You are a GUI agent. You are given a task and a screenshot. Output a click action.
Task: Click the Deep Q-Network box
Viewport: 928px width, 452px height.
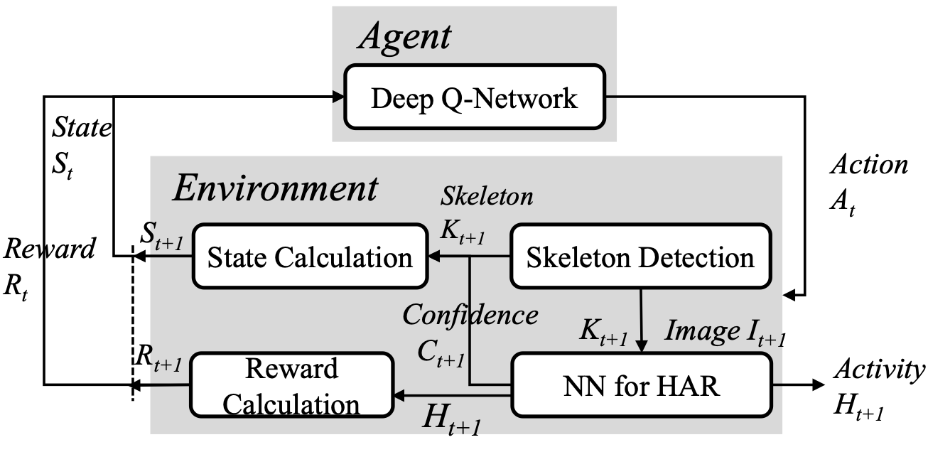tap(475, 98)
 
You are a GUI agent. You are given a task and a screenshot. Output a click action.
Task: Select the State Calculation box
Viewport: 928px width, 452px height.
tap(310, 257)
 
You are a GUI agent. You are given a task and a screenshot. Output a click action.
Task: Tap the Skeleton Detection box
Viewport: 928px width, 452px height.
tap(640, 257)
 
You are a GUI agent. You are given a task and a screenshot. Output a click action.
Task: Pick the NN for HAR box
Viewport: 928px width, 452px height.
tap(640, 385)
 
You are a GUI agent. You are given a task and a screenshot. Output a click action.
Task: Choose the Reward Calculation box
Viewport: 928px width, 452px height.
tap(291, 386)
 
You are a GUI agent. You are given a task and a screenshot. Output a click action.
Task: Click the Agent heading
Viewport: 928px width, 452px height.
tap(403, 36)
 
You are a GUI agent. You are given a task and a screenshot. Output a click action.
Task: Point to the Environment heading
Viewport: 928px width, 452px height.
tap(276, 189)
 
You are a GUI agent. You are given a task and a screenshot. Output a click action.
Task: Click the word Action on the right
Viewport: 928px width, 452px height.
tap(869, 165)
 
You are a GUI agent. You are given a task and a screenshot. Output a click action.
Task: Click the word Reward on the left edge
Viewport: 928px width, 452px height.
tap(49, 249)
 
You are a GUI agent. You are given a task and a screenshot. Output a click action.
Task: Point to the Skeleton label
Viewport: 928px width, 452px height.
tap(487, 196)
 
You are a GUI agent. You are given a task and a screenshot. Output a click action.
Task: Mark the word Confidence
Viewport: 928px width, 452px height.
tap(470, 315)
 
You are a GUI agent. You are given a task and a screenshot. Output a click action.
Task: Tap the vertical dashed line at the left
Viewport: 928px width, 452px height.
tap(133, 320)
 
